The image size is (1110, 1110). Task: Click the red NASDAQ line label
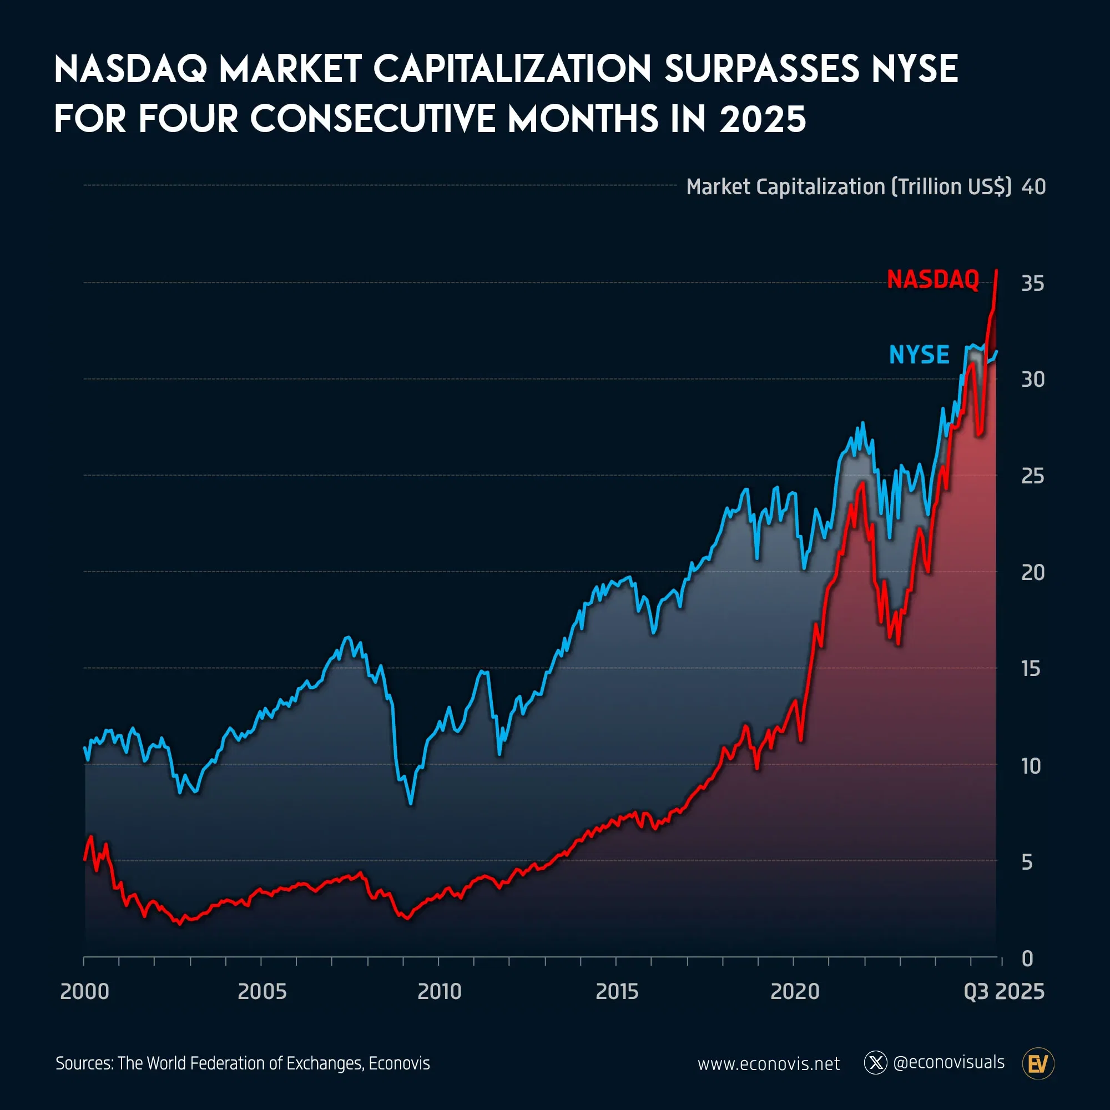point(932,280)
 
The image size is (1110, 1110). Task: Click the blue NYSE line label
point(919,355)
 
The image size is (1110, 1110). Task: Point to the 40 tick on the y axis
point(1033,186)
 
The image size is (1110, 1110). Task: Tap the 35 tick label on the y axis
point(1032,283)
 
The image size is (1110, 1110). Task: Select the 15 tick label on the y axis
point(1031,669)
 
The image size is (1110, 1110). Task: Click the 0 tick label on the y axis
point(1027,958)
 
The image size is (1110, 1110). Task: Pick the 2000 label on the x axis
point(84,992)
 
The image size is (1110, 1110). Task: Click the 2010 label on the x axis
point(439,992)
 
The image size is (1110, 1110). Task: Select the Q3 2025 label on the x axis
point(1003,992)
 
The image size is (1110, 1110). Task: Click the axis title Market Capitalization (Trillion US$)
point(848,186)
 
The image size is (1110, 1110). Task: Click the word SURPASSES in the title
point(762,69)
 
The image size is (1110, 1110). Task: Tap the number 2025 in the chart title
point(763,119)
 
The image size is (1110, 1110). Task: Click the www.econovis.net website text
point(768,1064)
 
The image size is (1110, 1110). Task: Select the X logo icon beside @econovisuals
point(875,1063)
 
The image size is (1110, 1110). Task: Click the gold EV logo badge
point(1038,1064)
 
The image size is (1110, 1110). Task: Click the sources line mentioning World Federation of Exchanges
point(243,1063)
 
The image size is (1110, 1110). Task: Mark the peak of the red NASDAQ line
point(996,270)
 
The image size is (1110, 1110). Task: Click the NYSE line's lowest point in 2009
point(411,803)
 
